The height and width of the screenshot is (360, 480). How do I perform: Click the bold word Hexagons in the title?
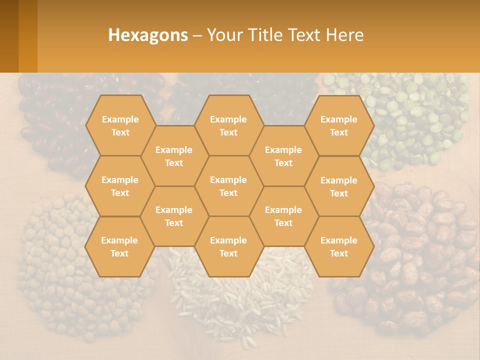148,35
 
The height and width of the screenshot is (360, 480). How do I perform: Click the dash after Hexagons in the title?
197,35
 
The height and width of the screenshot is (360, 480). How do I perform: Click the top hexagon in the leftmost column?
120,125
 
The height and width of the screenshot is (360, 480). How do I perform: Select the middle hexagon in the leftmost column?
120,186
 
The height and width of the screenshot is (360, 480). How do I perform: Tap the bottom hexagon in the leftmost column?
119,246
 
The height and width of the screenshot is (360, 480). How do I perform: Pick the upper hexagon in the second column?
174,156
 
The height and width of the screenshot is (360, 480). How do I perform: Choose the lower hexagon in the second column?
174,216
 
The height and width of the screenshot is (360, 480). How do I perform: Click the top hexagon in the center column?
228,125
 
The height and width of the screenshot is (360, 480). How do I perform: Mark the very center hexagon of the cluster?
228,186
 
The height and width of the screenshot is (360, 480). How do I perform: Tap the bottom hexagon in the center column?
228,246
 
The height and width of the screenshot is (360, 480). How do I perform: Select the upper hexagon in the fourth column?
283,156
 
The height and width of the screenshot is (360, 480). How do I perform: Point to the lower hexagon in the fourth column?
283,216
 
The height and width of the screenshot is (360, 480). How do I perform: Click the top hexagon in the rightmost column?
339,125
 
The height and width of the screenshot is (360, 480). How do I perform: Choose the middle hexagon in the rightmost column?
339,186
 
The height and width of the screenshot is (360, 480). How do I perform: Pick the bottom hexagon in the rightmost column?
339,246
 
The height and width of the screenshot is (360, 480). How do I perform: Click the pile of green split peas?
415,115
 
